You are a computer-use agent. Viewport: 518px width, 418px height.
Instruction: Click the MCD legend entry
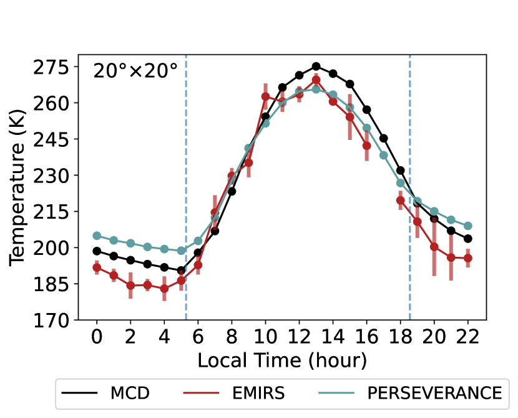coord(105,393)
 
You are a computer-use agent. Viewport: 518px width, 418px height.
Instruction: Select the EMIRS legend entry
coord(234,393)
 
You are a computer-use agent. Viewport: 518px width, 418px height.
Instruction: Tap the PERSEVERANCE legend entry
coord(410,393)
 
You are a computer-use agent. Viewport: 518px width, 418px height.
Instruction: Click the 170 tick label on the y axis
coord(51,320)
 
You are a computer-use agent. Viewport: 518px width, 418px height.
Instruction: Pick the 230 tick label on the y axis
coord(51,176)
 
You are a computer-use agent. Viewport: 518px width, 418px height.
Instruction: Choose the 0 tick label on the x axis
coord(97,337)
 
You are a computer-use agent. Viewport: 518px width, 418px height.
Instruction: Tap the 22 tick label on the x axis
coord(468,337)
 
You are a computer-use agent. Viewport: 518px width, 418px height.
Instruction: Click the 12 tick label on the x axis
coord(299,337)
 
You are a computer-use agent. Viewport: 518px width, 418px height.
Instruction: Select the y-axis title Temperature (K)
coord(17,187)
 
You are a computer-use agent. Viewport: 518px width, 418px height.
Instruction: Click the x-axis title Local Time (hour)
coord(282,360)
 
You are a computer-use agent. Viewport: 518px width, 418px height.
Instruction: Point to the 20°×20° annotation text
coord(135,71)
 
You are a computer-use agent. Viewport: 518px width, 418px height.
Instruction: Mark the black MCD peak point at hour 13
coord(316,66)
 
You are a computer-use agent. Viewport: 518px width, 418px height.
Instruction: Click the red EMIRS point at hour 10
coord(266,97)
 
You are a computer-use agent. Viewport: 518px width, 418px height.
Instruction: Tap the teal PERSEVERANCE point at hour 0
coord(97,236)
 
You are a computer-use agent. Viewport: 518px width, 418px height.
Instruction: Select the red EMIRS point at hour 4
coord(164,289)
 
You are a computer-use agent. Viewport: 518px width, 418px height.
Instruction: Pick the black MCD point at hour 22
coord(468,239)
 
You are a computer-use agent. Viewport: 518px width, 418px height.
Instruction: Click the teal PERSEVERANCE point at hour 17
coord(384,155)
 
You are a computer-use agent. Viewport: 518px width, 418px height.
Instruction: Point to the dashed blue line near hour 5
coord(186,187)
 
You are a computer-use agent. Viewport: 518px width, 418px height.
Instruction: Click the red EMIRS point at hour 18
coord(401,200)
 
